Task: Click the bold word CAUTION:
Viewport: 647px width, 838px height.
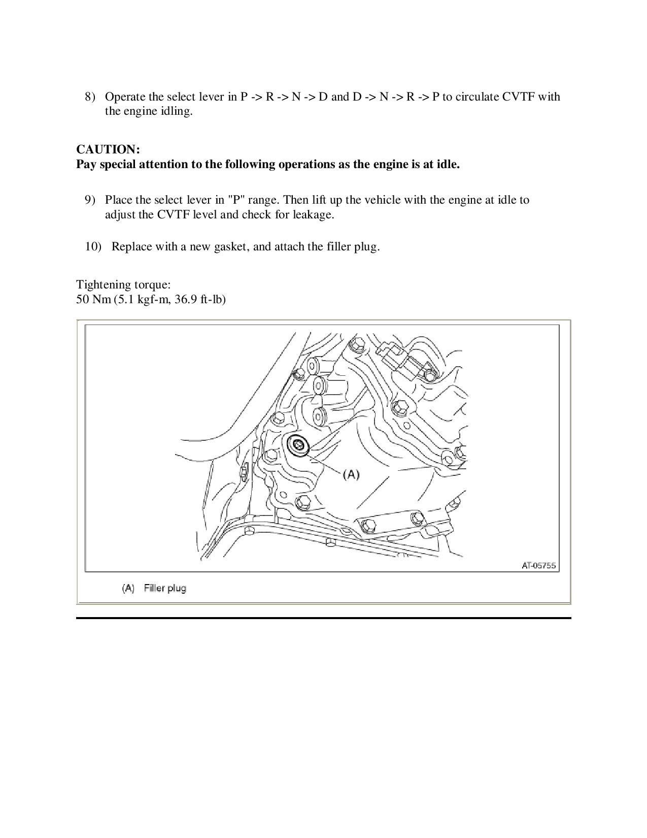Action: point(108,149)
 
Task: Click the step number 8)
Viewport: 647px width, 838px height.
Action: point(90,96)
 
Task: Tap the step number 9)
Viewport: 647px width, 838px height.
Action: point(90,200)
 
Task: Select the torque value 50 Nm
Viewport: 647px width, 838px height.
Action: point(89,299)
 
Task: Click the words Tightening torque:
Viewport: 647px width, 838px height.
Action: point(123,284)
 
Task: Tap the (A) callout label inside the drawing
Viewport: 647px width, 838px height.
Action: point(351,474)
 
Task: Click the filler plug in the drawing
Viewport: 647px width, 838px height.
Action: point(298,445)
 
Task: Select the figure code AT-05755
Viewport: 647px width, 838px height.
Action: point(539,565)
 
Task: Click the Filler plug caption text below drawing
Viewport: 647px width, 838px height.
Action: point(165,588)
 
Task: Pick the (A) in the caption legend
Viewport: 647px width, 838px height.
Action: point(128,588)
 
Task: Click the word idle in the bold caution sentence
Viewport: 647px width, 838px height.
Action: point(447,164)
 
